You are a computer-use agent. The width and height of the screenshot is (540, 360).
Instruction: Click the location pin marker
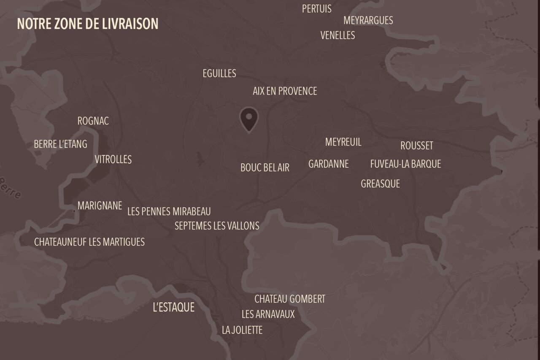(x=249, y=119)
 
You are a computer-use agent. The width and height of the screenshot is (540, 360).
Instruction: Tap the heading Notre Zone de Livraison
(x=87, y=24)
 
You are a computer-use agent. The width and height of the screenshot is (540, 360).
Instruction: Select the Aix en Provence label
(x=285, y=91)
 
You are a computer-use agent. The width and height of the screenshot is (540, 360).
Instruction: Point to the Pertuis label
(x=317, y=9)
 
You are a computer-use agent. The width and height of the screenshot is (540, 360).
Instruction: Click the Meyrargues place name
(x=368, y=20)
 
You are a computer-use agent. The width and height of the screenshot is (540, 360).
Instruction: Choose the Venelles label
(x=337, y=35)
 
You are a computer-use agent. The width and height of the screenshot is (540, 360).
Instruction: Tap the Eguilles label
(x=219, y=73)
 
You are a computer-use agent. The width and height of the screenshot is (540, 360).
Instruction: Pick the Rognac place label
(x=93, y=121)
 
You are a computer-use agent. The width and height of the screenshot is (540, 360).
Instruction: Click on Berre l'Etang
(x=60, y=144)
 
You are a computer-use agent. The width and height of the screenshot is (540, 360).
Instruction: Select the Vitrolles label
(x=113, y=160)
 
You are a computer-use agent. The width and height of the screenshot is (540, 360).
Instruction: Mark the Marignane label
(x=100, y=206)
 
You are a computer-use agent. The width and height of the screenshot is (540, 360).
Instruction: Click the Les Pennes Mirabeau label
(x=169, y=211)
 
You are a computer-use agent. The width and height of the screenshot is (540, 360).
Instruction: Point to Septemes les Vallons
(x=217, y=226)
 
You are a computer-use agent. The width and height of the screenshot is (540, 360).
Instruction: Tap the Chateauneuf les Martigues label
(x=89, y=242)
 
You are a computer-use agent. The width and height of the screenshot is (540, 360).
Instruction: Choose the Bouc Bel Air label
(x=265, y=168)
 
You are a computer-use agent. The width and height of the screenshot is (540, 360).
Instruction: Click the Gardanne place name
(x=329, y=164)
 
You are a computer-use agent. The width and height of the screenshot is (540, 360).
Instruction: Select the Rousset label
(x=416, y=146)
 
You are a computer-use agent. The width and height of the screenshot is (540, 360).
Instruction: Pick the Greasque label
(x=380, y=184)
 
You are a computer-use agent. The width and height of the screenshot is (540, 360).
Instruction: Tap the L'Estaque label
(x=173, y=307)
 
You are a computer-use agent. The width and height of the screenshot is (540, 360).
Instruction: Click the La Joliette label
(x=242, y=330)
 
